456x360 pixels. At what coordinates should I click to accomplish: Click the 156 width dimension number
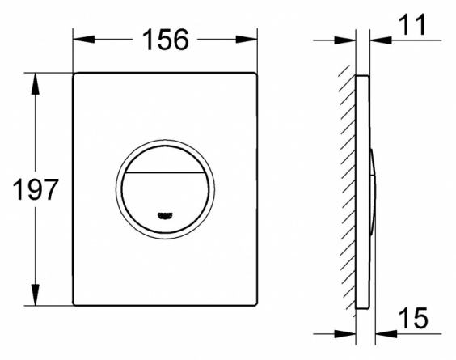[166, 40]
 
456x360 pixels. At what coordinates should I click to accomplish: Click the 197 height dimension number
[36, 189]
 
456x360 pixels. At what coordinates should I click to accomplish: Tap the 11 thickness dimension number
[412, 24]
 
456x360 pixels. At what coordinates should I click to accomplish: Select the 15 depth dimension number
[413, 317]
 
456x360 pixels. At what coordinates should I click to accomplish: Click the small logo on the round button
[165, 215]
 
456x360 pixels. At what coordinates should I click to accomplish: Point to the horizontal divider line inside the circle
[165, 172]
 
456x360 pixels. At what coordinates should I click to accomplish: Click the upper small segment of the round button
[165, 159]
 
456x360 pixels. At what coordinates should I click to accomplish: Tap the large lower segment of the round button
[165, 201]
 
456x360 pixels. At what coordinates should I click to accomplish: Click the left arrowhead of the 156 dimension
[84, 40]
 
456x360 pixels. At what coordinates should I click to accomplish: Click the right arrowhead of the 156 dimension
[247, 40]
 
